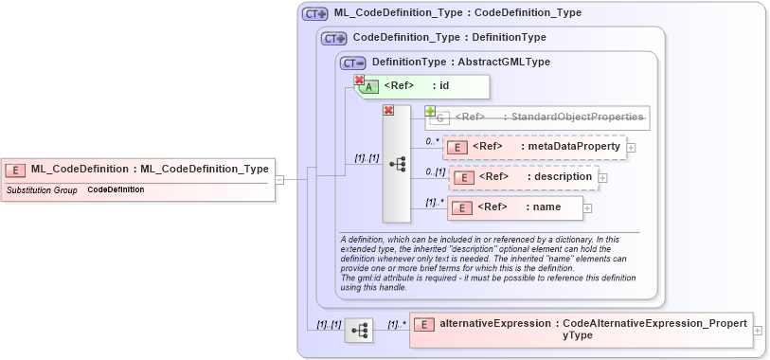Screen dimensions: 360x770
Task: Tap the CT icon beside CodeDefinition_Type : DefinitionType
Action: point(334,38)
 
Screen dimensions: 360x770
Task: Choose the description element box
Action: point(523,177)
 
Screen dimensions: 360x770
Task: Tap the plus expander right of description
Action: point(603,178)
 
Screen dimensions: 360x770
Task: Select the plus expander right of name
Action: point(588,208)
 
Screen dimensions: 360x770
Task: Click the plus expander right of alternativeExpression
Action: point(758,331)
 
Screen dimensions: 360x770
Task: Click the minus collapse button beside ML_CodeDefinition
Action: point(280,178)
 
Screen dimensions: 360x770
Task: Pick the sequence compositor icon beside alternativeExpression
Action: point(359,331)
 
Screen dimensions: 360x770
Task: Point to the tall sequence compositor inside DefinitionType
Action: point(397,163)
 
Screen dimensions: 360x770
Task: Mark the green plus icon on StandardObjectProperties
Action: point(430,112)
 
